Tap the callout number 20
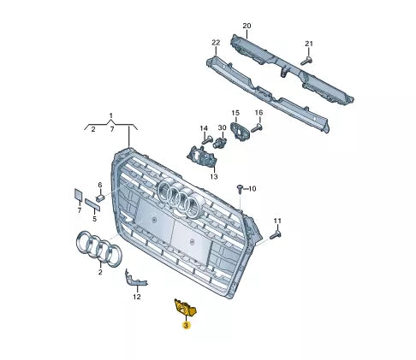(247, 26)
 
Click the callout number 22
(216, 43)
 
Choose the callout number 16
(259, 113)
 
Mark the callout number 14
(205, 129)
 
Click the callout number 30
(222, 129)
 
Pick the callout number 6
(99, 186)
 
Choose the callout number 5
(95, 218)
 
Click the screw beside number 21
(307, 61)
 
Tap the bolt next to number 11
(276, 233)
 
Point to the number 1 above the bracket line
(110, 115)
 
